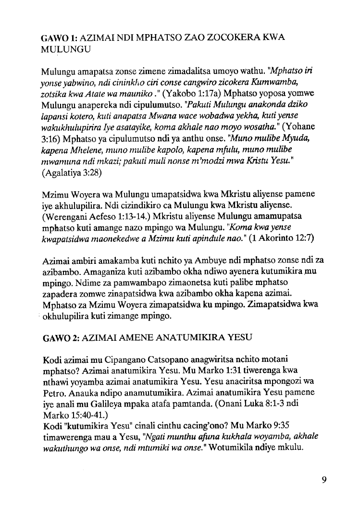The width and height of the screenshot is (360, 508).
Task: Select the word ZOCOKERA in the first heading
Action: [x=231, y=38]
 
